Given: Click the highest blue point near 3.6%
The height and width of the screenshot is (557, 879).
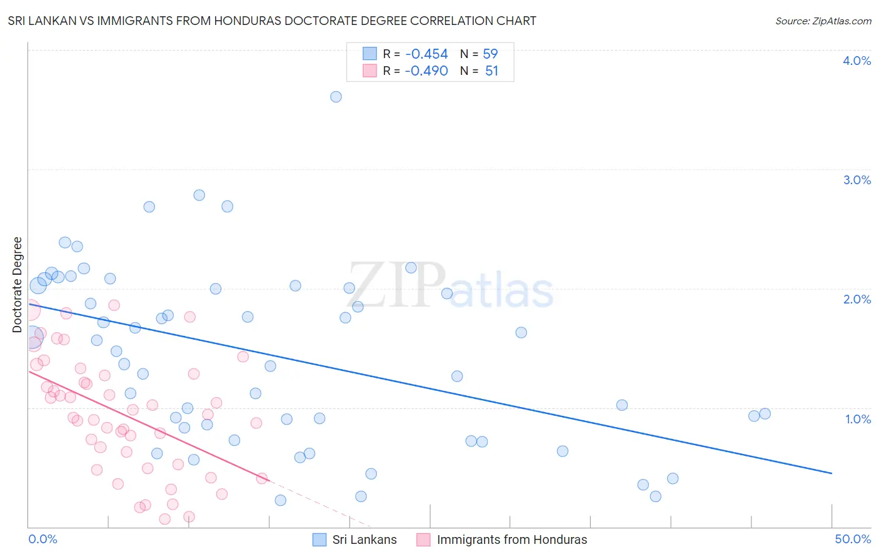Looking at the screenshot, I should (x=336, y=97).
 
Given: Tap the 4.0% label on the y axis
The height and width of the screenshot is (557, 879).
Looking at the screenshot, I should (x=856, y=61).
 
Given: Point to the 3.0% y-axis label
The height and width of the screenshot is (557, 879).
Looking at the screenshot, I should (x=856, y=180).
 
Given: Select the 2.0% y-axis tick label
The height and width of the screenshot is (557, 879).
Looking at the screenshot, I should (x=856, y=299).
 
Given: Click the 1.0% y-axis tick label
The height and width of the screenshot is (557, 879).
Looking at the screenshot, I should (x=858, y=419).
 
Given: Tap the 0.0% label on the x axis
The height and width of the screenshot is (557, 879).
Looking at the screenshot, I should (x=43, y=539).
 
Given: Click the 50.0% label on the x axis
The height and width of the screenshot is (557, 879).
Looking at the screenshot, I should (x=853, y=539).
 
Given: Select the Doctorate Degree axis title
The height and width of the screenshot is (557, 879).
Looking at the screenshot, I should (x=18, y=285).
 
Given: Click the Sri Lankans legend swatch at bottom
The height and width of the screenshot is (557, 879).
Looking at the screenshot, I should (x=319, y=540).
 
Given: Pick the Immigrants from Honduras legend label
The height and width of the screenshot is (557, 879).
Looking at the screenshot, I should (x=511, y=540).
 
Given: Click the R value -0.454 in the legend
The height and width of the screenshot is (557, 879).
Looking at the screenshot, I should (x=426, y=54).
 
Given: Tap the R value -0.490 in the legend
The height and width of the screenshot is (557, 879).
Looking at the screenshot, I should (x=426, y=71).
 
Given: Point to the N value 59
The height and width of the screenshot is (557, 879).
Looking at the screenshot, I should (x=490, y=54).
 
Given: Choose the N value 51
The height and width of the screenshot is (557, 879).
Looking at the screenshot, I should (x=491, y=71).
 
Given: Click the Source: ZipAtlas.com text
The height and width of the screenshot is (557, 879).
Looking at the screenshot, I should (x=823, y=21).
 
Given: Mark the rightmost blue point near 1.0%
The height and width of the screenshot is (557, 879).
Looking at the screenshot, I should (x=765, y=413).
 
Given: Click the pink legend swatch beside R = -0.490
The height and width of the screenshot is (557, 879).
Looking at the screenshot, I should (x=369, y=71).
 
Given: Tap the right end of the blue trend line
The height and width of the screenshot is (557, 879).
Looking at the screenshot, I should (x=831, y=473).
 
